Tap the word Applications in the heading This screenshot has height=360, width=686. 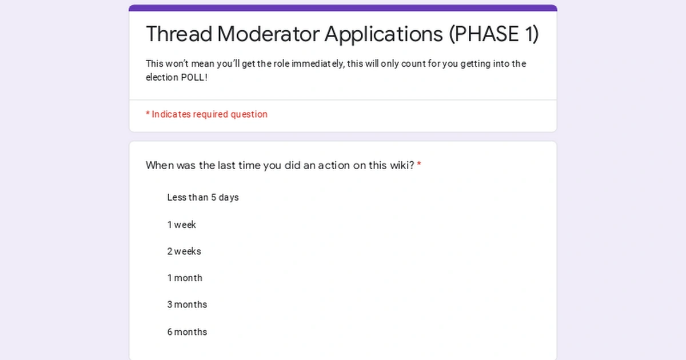click(x=384, y=34)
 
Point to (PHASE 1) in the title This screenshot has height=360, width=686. click(x=493, y=34)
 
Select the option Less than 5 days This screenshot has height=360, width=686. click(x=203, y=198)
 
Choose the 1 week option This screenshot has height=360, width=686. click(x=182, y=225)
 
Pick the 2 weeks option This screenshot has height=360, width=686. click(x=184, y=251)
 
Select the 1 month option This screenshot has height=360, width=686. click(x=185, y=278)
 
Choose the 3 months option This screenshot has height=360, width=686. click(x=187, y=305)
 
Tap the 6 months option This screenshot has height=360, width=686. click(x=187, y=332)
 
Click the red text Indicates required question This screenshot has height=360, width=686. click(x=209, y=114)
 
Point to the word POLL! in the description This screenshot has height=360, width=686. click(x=194, y=78)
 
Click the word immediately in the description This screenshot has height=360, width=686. click(x=317, y=64)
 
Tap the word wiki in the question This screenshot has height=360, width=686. click(x=402, y=166)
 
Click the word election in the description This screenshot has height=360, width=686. click(x=162, y=78)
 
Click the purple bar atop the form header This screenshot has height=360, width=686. click(x=343, y=8)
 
